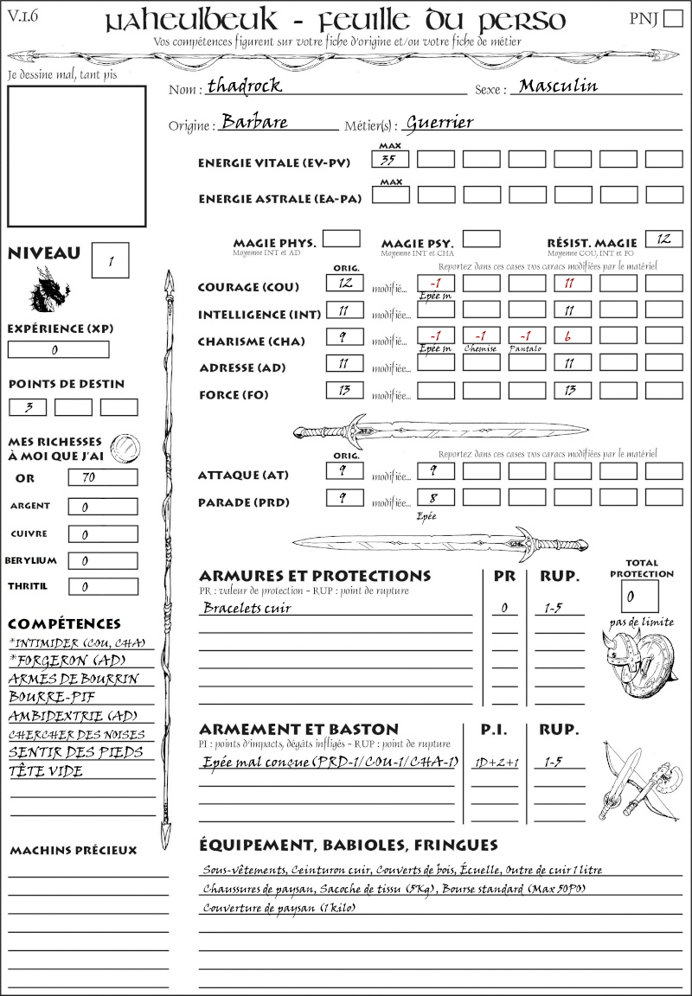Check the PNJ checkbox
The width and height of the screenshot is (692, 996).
point(671,20)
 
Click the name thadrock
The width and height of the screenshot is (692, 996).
point(245,86)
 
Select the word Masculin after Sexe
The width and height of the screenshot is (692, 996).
point(558,86)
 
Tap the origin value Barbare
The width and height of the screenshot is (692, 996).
point(254,122)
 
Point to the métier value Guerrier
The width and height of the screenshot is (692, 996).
point(439,123)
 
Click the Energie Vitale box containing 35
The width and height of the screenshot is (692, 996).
point(390,159)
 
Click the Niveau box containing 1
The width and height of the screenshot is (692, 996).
point(112,260)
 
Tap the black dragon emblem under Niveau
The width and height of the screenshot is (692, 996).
point(49,289)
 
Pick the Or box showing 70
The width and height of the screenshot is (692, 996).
point(102,478)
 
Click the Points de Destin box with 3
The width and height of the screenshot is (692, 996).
point(27,407)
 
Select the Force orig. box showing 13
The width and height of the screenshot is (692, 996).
point(344,391)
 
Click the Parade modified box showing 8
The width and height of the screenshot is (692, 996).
point(435,498)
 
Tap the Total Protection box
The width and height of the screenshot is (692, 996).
point(639,596)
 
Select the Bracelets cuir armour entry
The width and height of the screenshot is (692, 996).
point(247,608)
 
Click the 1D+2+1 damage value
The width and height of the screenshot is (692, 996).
point(493,763)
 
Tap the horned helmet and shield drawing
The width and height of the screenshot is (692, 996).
point(640,658)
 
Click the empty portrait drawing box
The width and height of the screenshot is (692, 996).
point(76,156)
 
